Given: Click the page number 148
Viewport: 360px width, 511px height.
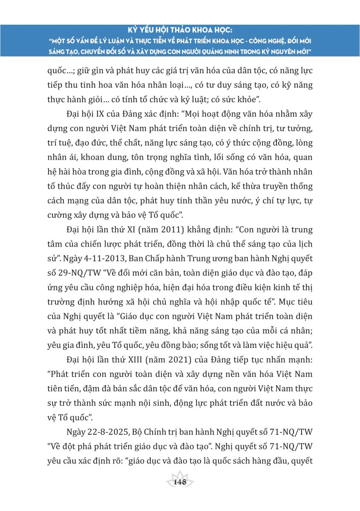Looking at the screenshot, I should coord(180,482).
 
